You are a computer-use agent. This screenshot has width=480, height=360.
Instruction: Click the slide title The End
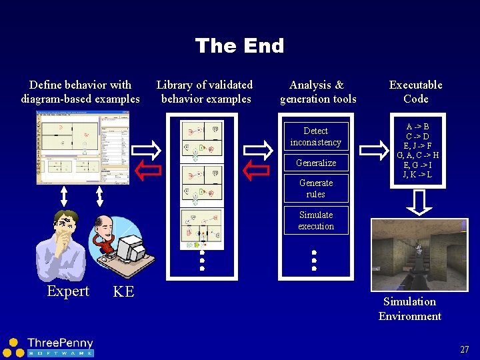pos(239,45)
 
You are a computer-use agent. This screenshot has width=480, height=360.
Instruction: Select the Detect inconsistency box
pos(315,137)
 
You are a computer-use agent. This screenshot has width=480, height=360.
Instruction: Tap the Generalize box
pos(315,163)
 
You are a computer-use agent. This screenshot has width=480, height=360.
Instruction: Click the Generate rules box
pos(315,189)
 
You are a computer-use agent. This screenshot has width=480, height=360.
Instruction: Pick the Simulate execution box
pos(315,221)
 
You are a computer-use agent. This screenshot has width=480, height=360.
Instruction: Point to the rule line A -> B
pos(417,127)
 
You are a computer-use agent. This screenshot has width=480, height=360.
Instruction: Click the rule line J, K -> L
pos(417,175)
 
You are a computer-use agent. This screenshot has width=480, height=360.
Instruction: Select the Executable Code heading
pos(415,92)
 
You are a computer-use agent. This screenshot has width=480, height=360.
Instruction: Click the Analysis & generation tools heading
pos(317,92)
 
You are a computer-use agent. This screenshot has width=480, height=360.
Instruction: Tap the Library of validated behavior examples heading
pos(205,92)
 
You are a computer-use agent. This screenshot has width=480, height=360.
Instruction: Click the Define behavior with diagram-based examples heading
pos(80,92)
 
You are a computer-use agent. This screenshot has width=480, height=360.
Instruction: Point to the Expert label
pos(68,291)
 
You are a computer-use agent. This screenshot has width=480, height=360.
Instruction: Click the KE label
pos(123,291)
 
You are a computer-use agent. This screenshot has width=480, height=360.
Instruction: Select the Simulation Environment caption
pos(409,309)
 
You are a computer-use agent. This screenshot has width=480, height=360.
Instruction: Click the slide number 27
pos(464,349)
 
